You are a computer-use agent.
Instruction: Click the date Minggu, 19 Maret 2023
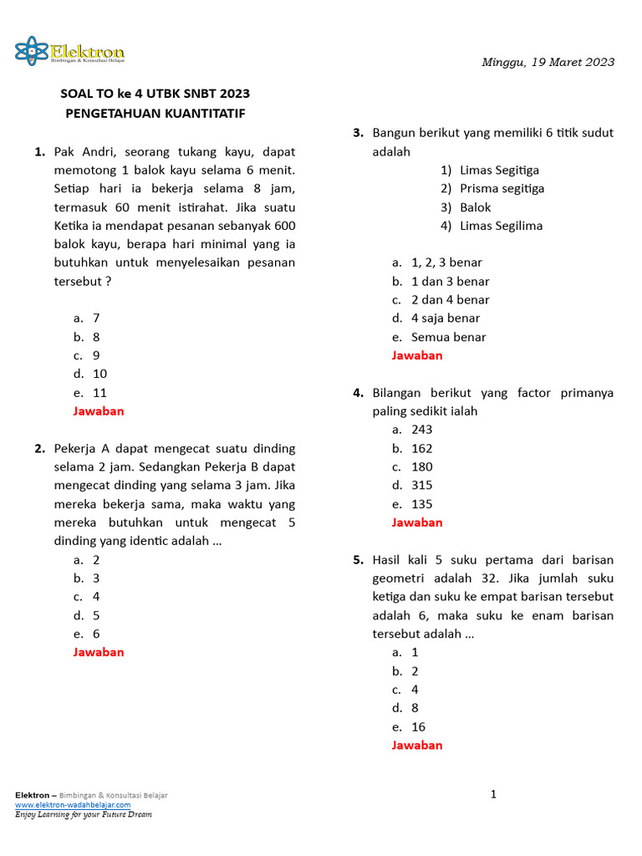pos(548,62)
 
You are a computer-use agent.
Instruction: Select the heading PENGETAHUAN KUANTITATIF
pos(155,113)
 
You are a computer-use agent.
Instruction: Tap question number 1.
pos(39,151)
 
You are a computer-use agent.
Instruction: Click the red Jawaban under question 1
pos(99,410)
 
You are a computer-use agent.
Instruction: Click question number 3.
pos(358,133)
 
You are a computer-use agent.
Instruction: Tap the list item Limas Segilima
pos(501,225)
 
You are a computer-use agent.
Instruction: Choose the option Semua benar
pos(448,337)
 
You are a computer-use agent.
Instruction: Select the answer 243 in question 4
pos(421,430)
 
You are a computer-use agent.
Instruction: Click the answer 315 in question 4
pos(421,485)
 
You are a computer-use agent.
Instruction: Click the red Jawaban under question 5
pos(417,745)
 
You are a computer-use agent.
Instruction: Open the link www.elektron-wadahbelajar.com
pos(73,804)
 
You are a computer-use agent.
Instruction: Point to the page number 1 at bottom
pos(493,794)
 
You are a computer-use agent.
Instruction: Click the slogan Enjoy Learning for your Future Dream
pos(84,814)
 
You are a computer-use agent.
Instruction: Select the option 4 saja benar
pos(446,318)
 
